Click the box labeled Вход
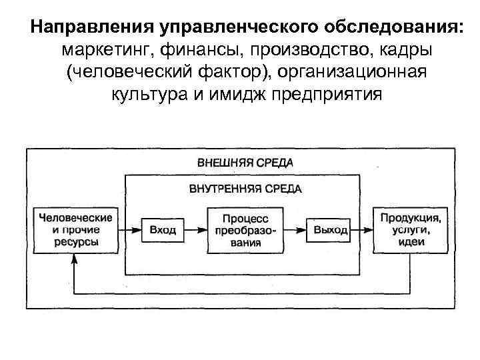point(163,230)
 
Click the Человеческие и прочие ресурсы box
point(76,230)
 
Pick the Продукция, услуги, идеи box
point(411,230)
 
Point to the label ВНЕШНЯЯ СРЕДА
point(245,162)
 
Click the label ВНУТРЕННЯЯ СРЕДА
point(245,189)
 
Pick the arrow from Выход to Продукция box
point(363,230)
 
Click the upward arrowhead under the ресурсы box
point(75,263)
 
